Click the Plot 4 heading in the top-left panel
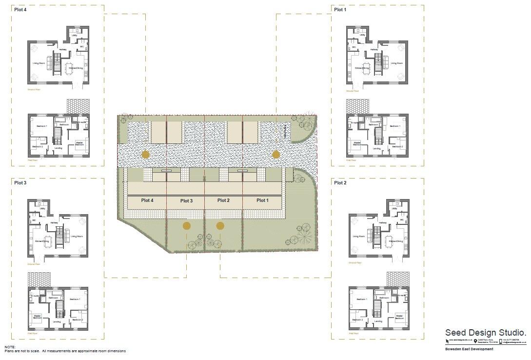[x=20, y=10]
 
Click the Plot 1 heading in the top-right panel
[x=339, y=10]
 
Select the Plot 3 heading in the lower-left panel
[x=20, y=182]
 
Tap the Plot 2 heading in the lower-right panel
[x=339, y=182]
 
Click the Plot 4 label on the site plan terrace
[x=147, y=200]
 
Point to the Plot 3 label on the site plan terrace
[x=186, y=201]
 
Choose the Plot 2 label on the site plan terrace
[x=223, y=200]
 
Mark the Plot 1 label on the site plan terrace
[x=262, y=200]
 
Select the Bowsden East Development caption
[x=469, y=349]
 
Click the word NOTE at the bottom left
[x=10, y=347]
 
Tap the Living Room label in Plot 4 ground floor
[x=39, y=63]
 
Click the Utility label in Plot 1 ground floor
[x=362, y=35]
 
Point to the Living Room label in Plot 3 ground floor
[x=77, y=236]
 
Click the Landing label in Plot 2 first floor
[x=378, y=321]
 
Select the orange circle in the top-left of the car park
[x=145, y=155]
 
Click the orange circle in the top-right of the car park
[x=276, y=155]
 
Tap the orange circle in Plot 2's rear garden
[x=220, y=226]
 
